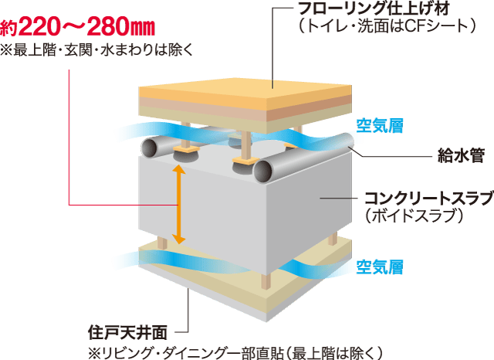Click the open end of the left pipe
[x=148, y=148]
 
